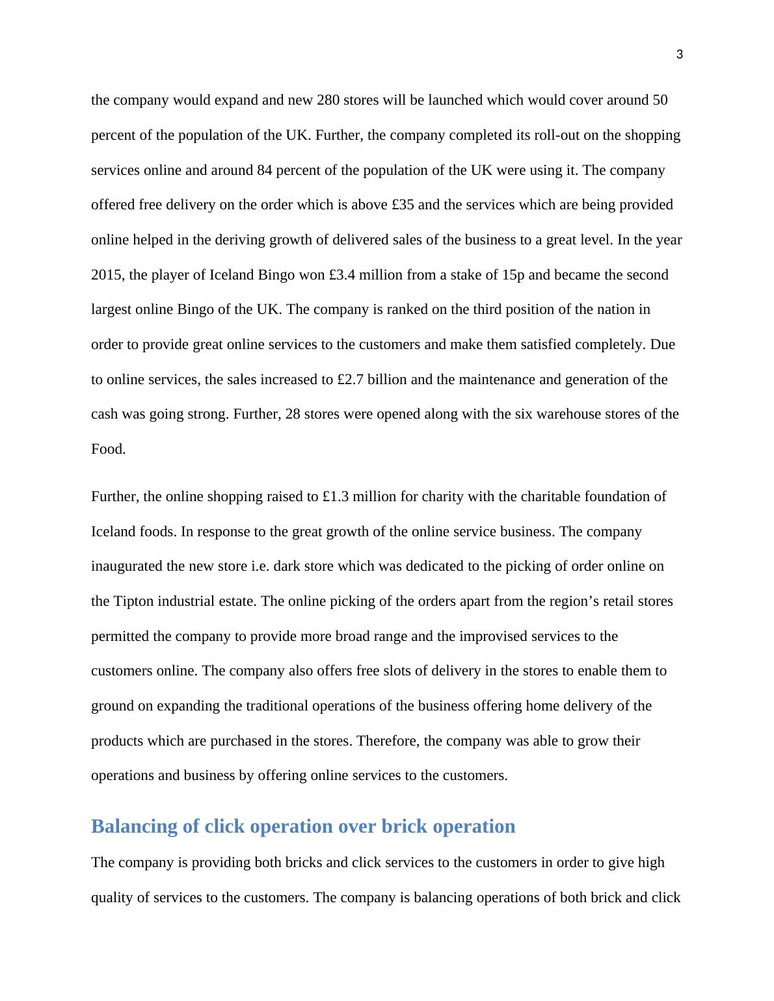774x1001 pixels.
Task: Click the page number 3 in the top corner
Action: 680,55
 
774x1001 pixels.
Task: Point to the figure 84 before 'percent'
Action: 266,170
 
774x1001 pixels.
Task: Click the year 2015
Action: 107,275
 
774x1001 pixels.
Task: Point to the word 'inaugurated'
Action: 127,566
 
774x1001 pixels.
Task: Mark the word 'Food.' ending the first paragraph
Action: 108,449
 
